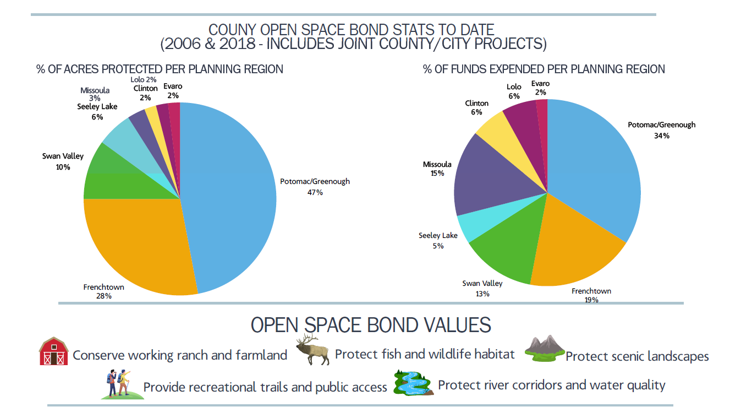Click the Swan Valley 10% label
[63, 161]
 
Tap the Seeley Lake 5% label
[438, 240]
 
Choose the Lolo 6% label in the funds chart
[513, 91]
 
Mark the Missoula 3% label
[95, 94]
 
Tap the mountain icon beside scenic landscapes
[544, 348]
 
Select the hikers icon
[118, 384]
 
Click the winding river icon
[413, 383]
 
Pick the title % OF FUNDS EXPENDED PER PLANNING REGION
[544, 69]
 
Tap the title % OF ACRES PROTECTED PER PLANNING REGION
[160, 69]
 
